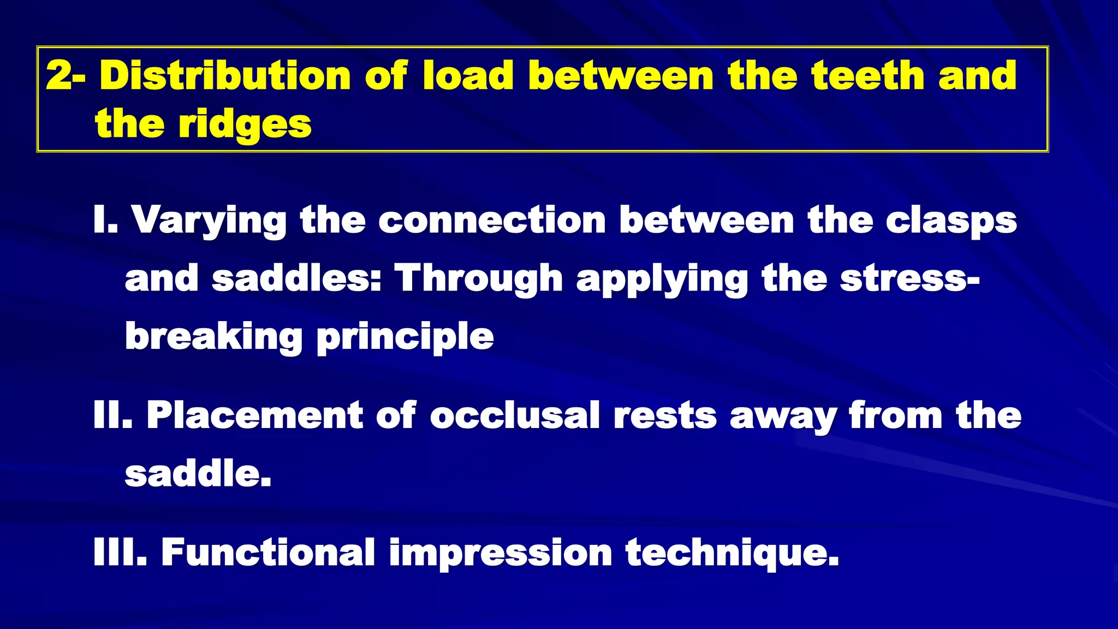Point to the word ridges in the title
[245, 124]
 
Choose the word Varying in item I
[209, 221]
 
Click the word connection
[492, 220]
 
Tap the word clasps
[951, 221]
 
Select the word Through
[479, 278]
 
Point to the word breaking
[213, 337]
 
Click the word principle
[405, 337]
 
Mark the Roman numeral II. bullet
[113, 416]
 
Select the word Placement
[254, 416]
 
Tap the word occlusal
[515, 416]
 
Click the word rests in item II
[665, 416]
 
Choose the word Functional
[268, 553]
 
